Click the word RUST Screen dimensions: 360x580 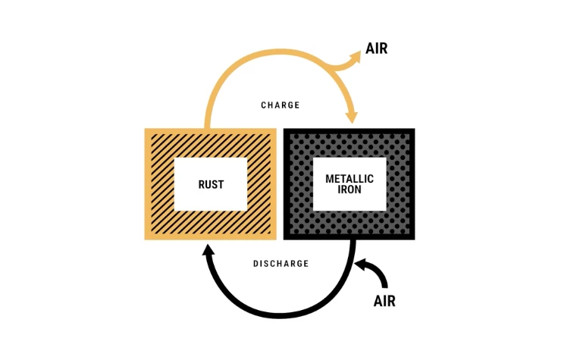point(211,184)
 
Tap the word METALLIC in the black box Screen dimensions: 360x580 point(350,179)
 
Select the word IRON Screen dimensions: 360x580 point(350,190)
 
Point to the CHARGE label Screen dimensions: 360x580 point(281,105)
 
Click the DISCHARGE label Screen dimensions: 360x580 point(281,264)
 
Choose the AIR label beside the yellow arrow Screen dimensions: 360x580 point(377,49)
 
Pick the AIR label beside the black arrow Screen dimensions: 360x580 point(384,300)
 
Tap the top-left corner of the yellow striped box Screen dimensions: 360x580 point(147,131)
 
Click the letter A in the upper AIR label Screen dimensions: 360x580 point(369,49)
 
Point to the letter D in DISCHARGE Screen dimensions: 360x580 point(256,264)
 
